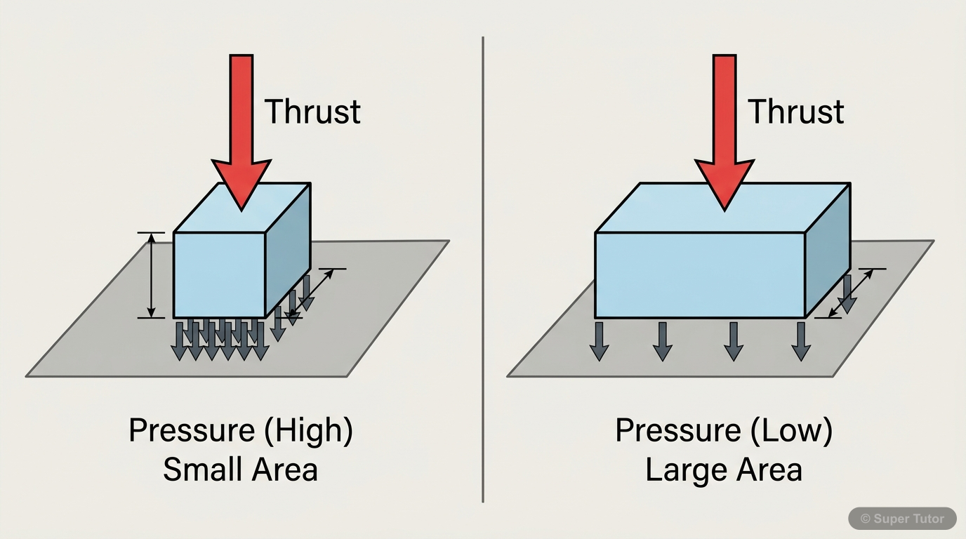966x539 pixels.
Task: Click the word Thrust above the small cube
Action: (x=312, y=112)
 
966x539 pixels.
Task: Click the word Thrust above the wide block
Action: (x=795, y=112)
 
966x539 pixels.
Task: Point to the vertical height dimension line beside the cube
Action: (x=150, y=275)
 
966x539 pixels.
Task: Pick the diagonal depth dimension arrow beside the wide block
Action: (x=851, y=293)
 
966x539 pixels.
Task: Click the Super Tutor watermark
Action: (x=903, y=519)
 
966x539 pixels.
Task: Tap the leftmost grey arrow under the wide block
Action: (x=598, y=341)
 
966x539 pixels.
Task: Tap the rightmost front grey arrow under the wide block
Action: (x=800, y=341)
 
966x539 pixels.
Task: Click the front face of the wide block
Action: (x=699, y=274)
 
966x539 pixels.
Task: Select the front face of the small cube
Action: (x=218, y=274)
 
